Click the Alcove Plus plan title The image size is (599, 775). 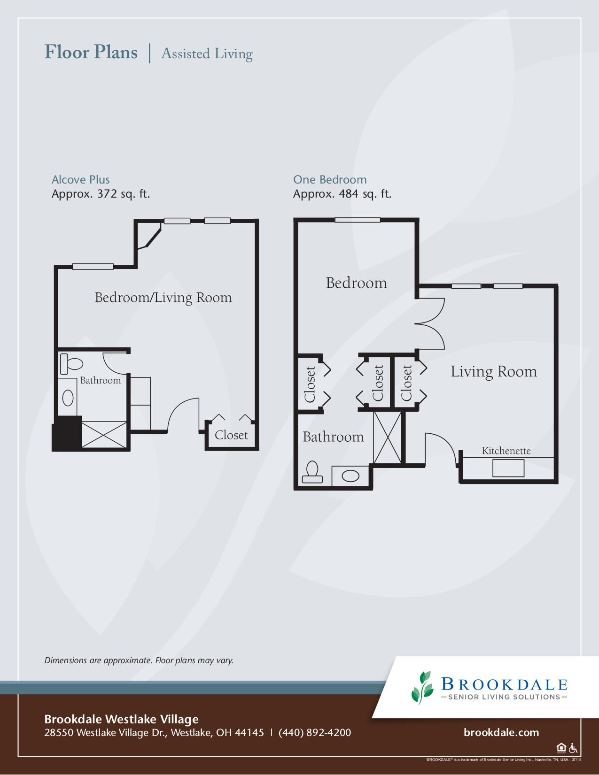[x=80, y=180]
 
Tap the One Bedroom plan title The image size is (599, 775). [x=330, y=180]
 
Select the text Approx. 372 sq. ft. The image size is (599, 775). [x=101, y=194]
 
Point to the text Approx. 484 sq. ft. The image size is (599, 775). [x=342, y=194]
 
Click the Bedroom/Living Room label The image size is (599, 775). [x=163, y=298]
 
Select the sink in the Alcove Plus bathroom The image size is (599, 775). [x=68, y=398]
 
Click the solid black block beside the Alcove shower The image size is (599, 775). [x=67, y=433]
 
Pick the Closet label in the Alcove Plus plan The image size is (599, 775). [x=231, y=435]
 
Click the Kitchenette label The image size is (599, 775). [x=506, y=451]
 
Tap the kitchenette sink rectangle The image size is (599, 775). [x=508, y=468]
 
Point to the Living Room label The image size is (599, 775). [x=493, y=371]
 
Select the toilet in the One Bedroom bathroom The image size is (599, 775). [x=312, y=472]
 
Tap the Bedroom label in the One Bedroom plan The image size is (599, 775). [x=356, y=283]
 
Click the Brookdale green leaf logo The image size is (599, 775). [x=422, y=687]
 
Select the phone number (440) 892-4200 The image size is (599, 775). [x=315, y=733]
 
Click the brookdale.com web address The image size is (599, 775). [x=501, y=732]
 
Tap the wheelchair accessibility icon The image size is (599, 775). [x=573, y=748]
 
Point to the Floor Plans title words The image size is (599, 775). [x=91, y=52]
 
